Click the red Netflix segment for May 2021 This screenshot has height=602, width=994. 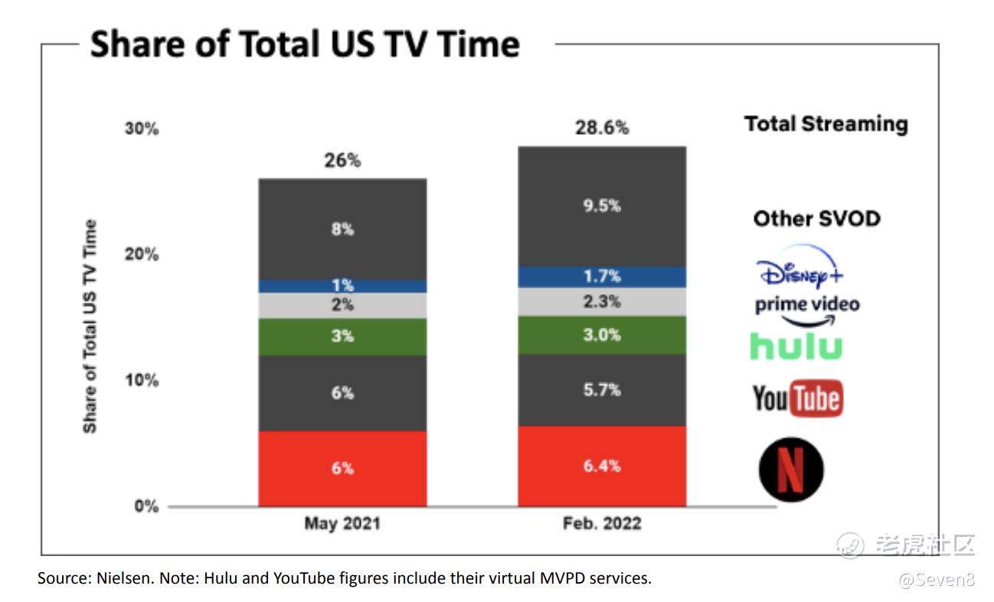click(342, 468)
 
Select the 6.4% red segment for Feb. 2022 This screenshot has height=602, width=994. click(602, 466)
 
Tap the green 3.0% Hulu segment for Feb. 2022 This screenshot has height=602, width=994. click(602, 335)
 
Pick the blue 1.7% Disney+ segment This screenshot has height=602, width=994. click(602, 276)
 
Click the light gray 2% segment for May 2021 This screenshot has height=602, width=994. click(342, 305)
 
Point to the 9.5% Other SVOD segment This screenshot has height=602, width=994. click(602, 206)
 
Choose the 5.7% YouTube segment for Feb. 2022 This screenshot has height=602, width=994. click(602, 390)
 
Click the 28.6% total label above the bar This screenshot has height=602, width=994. click(602, 128)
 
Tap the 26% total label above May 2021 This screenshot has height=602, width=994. click(342, 161)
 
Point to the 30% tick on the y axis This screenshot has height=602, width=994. click(142, 129)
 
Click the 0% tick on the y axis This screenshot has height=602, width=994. click(146, 506)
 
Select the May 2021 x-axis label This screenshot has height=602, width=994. click(342, 525)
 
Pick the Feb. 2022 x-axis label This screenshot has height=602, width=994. click(602, 525)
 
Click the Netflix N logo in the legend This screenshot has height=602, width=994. click(791, 469)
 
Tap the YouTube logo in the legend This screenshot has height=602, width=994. click(797, 398)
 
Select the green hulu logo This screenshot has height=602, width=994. click(796, 346)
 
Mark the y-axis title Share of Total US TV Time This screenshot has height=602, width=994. click(90, 326)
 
